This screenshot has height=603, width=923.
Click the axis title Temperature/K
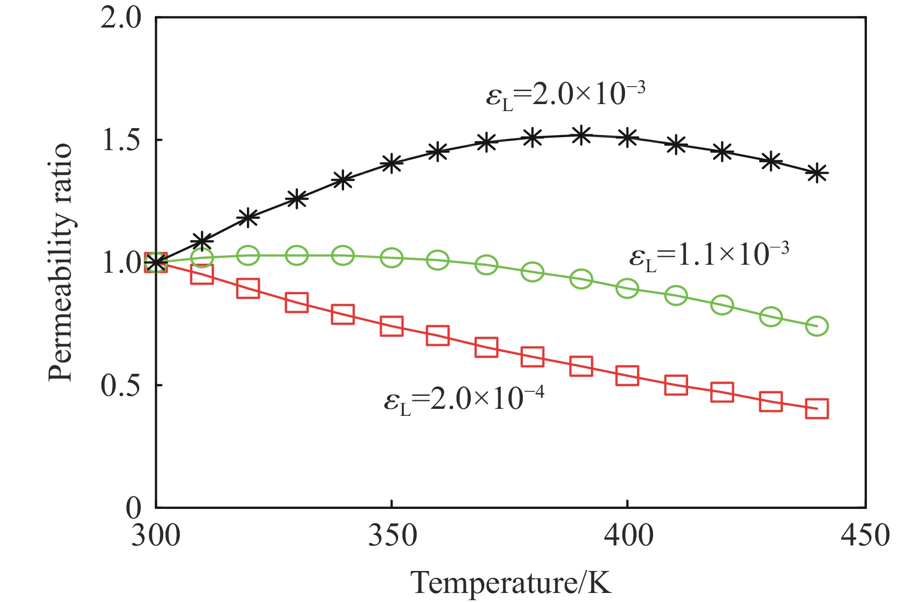(x=511, y=583)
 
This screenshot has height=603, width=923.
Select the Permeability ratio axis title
(x=61, y=263)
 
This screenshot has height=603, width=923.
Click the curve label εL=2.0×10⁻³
(x=565, y=94)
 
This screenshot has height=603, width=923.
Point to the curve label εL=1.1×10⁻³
(x=709, y=255)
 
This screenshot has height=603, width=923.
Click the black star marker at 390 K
(x=581, y=135)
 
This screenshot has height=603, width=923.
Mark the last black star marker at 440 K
(x=817, y=173)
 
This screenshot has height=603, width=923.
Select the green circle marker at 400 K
(x=628, y=288)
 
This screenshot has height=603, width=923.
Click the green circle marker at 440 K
(x=817, y=326)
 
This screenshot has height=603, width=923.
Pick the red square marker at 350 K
(x=392, y=326)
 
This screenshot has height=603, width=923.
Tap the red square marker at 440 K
(x=817, y=408)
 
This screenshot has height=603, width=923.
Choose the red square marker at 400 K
(x=628, y=375)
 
